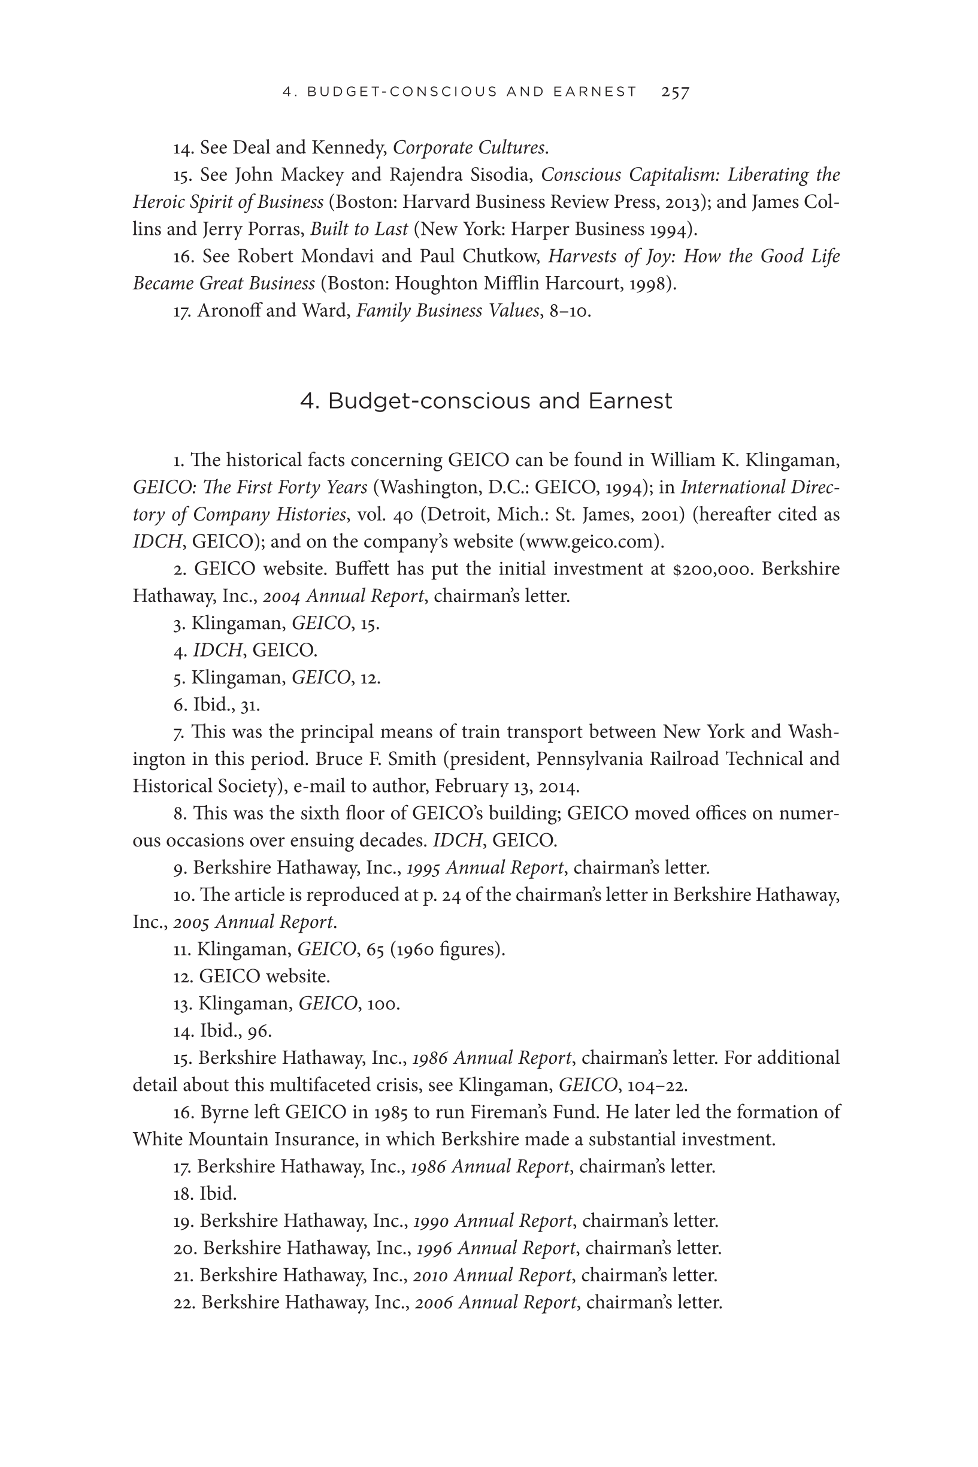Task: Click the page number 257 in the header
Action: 675,92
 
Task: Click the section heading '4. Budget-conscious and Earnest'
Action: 486,400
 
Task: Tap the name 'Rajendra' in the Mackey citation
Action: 425,175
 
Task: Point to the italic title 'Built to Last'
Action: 359,229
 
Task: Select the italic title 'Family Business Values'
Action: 447,311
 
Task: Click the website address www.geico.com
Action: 589,542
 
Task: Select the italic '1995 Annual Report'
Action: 485,867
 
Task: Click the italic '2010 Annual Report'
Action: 492,1275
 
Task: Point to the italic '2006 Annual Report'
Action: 495,1302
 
